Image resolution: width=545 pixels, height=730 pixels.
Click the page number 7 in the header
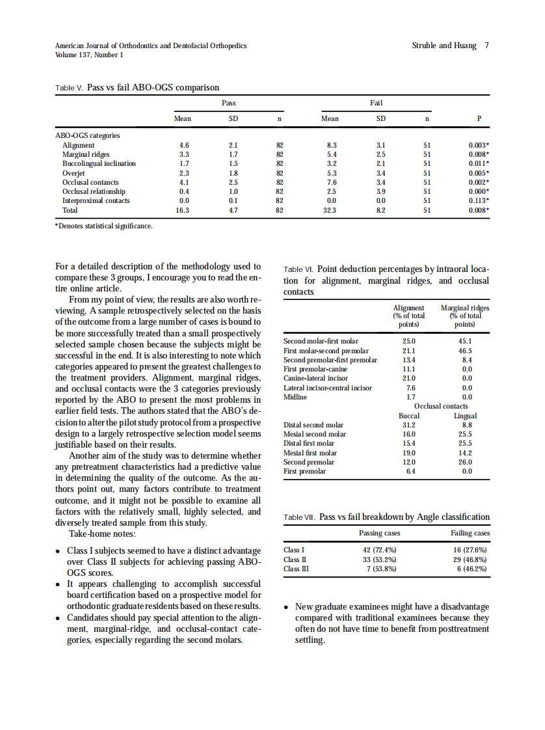point(486,46)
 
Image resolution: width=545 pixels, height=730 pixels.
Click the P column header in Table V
point(479,119)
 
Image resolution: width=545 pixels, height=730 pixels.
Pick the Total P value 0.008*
point(479,211)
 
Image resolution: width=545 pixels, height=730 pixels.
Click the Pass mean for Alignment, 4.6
point(183,145)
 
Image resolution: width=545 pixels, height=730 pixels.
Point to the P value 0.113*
point(479,201)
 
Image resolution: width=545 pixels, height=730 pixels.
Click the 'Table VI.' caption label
point(299,269)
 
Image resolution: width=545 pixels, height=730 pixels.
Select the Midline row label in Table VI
point(295,397)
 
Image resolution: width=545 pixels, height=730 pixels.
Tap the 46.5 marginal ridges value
point(465,351)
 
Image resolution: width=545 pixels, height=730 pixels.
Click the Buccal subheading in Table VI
point(409,416)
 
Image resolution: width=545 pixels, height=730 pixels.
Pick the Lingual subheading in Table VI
point(465,416)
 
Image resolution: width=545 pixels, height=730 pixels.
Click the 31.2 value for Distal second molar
point(410,426)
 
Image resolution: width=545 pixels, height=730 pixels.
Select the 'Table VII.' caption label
point(300,518)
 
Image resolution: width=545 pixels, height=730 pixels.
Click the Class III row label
point(296,569)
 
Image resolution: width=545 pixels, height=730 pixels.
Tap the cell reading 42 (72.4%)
point(379,550)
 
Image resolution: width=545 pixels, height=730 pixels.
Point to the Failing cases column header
point(470,534)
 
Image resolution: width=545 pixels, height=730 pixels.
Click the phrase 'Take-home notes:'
point(102,534)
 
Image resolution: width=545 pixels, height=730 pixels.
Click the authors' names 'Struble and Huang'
point(444,46)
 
